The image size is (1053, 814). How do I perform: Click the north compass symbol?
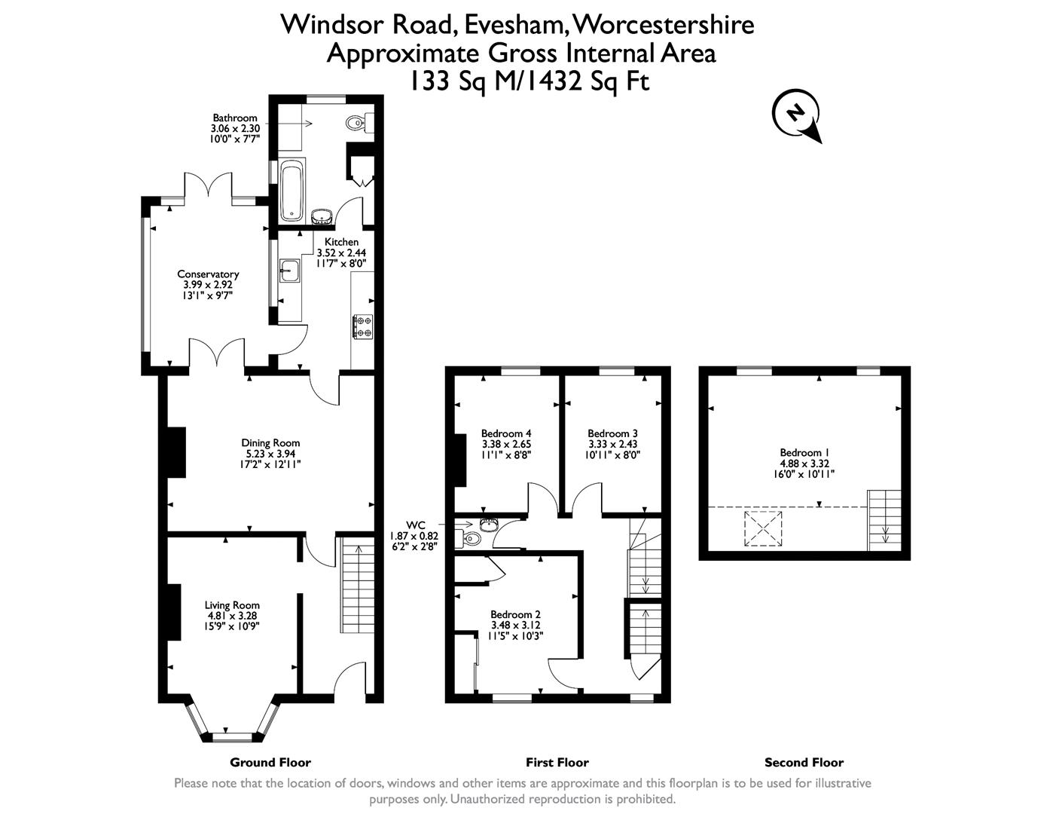tap(795, 115)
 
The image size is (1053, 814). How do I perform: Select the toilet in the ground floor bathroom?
tap(357, 122)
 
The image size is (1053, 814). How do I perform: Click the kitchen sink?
tap(289, 271)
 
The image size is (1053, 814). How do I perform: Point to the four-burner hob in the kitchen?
tap(362, 326)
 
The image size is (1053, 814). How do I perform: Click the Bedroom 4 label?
tap(506, 433)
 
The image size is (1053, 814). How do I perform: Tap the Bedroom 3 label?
tap(612, 433)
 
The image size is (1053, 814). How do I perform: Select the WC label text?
tap(416, 525)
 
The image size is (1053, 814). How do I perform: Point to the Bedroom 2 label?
tap(515, 615)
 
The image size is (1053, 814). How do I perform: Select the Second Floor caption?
tap(804, 762)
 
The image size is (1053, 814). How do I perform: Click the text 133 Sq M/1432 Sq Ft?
tap(528, 81)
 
